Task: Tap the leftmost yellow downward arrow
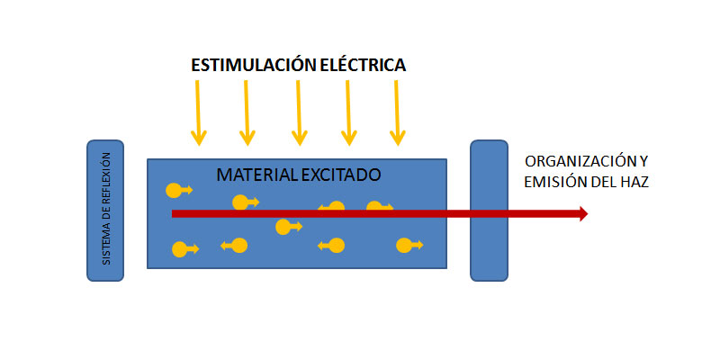point(197,112)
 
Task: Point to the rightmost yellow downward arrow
point(397,112)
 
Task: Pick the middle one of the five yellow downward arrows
point(297,112)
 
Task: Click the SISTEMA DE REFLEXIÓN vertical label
point(105,209)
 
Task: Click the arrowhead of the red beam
point(582,213)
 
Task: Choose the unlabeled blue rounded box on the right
point(490,209)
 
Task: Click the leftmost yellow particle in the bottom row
point(181,249)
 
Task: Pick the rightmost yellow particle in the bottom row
point(407,245)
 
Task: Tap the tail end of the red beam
point(175,213)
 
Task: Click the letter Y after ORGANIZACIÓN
point(643,162)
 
